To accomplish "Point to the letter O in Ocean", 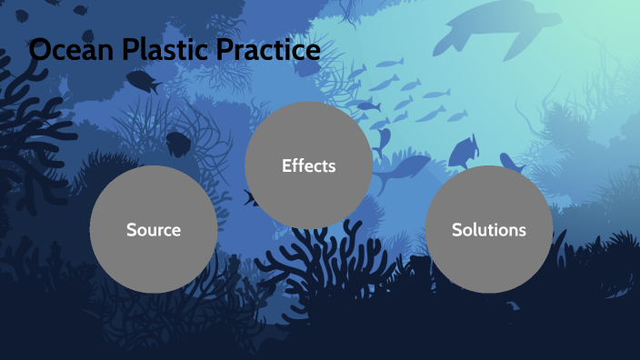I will tap(41, 51).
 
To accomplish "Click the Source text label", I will tap(154, 230).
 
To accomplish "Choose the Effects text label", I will tap(309, 166).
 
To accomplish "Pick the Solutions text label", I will tap(489, 230).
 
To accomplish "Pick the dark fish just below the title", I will tap(142, 83).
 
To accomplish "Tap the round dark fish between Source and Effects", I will tap(178, 143).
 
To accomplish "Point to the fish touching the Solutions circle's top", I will tap(511, 164).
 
